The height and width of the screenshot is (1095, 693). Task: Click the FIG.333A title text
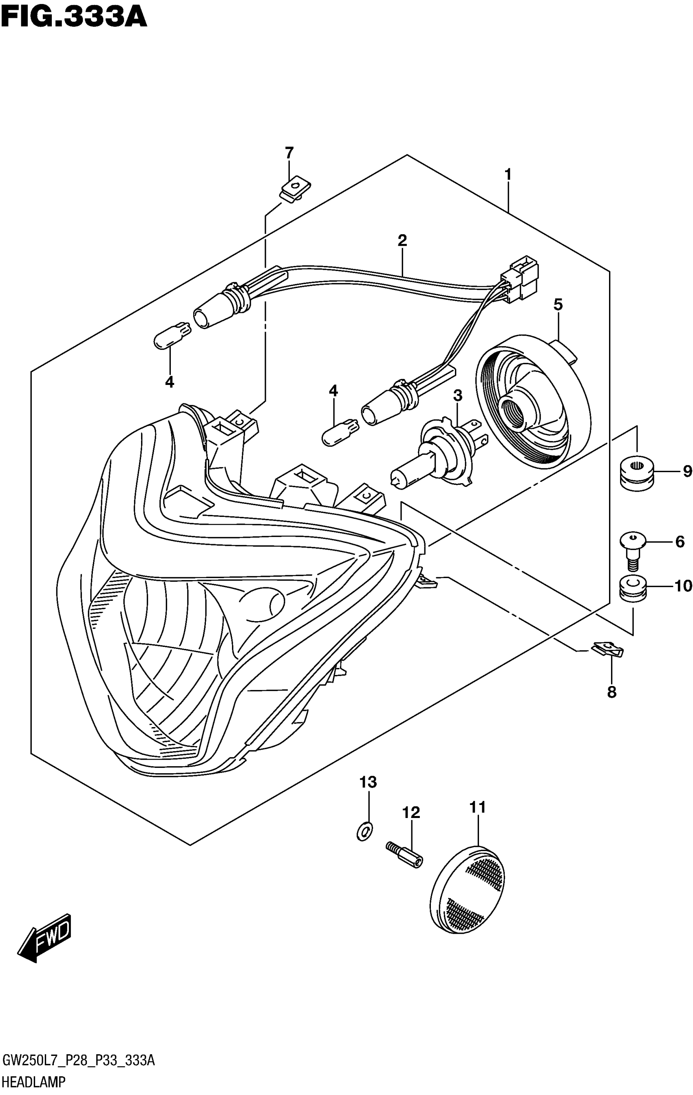click(74, 18)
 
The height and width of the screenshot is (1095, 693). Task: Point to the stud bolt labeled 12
click(404, 853)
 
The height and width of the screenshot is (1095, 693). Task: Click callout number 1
click(508, 175)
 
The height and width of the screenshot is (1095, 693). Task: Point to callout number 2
click(402, 240)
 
